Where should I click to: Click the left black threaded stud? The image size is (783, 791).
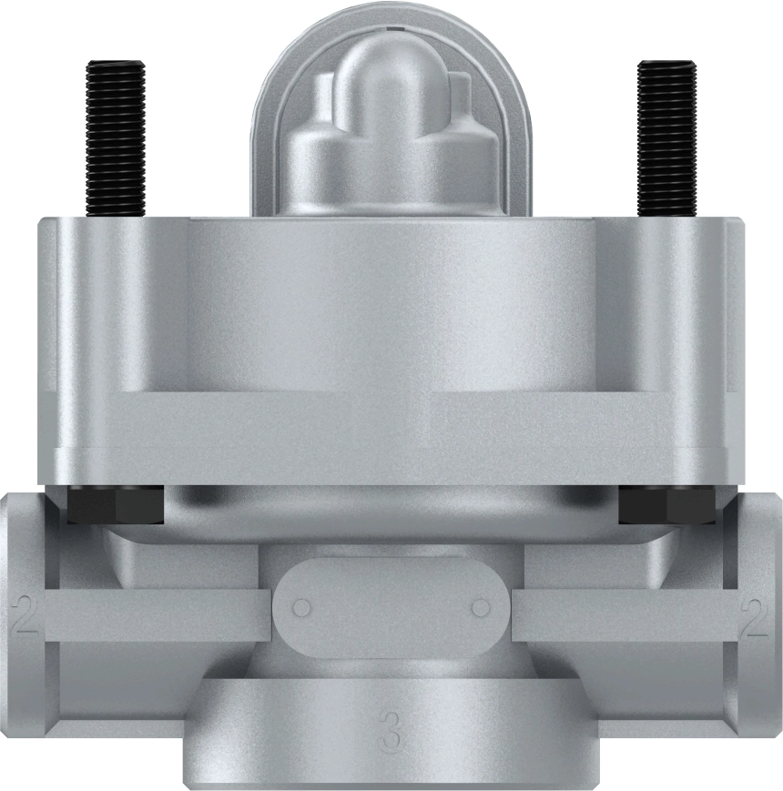116,137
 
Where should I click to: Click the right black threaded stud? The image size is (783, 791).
666,137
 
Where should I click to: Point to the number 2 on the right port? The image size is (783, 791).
755,615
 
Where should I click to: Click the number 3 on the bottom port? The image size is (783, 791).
391,734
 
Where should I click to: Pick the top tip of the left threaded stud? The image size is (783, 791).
116,64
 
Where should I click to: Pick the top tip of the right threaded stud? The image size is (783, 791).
666,64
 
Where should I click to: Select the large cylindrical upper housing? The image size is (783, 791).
391,346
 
